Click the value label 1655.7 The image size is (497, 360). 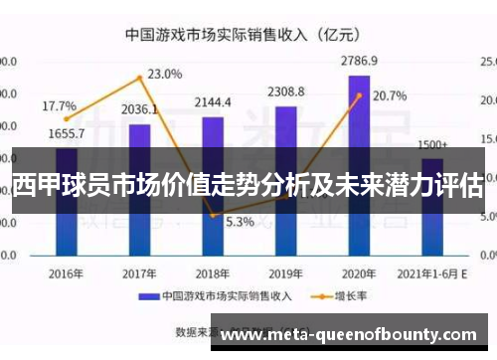pyautogui.click(x=66, y=133)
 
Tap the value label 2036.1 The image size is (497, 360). pyautogui.click(x=140, y=109)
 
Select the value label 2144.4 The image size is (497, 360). pyautogui.click(x=213, y=102)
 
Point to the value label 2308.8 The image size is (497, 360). pyautogui.click(x=286, y=92)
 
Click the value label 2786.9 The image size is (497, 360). pyautogui.click(x=359, y=61)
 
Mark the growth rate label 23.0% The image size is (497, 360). pyautogui.click(x=165, y=74)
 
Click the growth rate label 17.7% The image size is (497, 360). pyautogui.click(x=60, y=105)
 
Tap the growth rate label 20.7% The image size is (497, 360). pyautogui.click(x=390, y=96)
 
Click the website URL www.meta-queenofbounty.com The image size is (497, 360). pyautogui.click(x=352, y=337)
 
